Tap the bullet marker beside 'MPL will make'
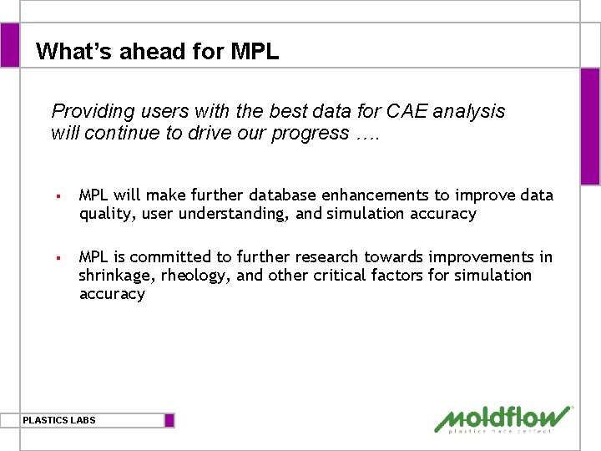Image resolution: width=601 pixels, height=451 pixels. (58, 196)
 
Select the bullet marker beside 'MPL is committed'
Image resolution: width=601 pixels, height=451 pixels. (58, 258)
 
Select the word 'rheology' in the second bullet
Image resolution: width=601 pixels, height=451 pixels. (197, 276)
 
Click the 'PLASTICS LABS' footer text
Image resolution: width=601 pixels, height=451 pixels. (59, 420)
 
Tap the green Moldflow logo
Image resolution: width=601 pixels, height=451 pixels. (503, 419)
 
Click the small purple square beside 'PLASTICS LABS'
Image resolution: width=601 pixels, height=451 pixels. (169, 420)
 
